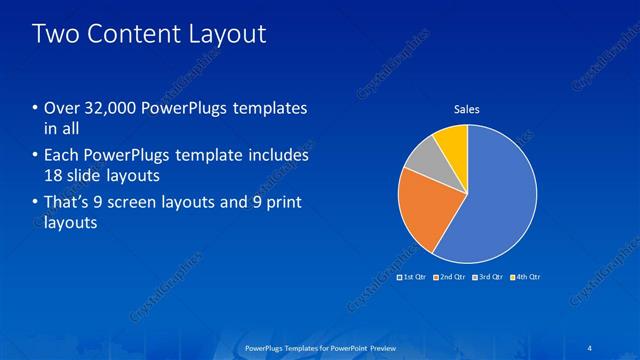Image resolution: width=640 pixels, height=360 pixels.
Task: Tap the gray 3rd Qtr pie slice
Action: pos(423,155)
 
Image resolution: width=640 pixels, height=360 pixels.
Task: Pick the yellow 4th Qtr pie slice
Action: pos(452,141)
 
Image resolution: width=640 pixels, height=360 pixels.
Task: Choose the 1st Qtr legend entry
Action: pos(412,276)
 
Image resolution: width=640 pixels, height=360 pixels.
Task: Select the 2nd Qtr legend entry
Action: pos(451,276)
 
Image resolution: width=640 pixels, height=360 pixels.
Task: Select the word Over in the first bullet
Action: pos(63,108)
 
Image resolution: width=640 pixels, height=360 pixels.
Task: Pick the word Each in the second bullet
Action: pos(63,156)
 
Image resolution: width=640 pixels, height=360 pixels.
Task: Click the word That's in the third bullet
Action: pos(67,204)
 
